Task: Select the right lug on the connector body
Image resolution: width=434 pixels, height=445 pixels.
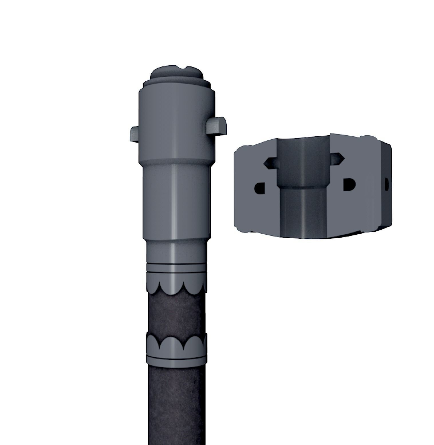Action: [x=217, y=126]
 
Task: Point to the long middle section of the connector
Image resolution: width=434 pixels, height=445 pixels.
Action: [x=175, y=200]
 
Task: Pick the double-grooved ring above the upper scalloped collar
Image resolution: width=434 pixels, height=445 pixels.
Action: [x=176, y=267]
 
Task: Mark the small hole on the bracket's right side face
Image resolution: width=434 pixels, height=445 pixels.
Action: [x=387, y=184]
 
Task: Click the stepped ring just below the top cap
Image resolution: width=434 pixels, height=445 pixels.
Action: [x=177, y=84]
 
